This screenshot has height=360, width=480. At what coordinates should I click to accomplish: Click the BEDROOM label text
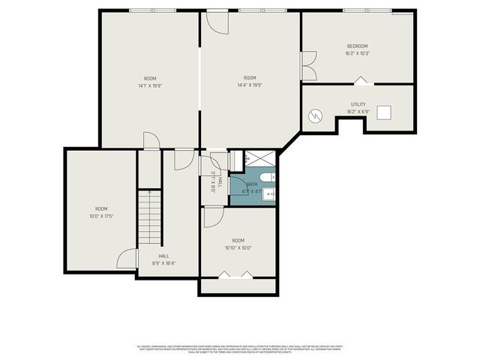[x=358, y=46]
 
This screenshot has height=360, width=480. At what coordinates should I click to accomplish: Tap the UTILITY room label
[x=358, y=104]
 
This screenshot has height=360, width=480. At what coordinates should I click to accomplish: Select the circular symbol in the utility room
[x=316, y=115]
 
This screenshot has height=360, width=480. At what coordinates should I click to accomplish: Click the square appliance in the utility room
[x=384, y=112]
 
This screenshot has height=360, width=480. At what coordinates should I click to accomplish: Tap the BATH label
[x=251, y=184]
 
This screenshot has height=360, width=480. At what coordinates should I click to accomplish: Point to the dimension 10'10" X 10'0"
[x=238, y=248]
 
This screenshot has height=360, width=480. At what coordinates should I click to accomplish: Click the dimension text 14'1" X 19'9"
[x=150, y=85]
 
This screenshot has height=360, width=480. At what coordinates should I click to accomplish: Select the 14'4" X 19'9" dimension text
[x=250, y=85]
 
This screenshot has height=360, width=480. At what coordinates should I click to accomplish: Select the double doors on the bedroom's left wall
[x=307, y=66]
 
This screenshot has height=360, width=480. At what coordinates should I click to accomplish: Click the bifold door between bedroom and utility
[x=360, y=81]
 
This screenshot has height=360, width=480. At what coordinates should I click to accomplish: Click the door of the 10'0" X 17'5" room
[x=128, y=259]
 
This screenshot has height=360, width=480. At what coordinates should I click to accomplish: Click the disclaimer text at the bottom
[x=239, y=348]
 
